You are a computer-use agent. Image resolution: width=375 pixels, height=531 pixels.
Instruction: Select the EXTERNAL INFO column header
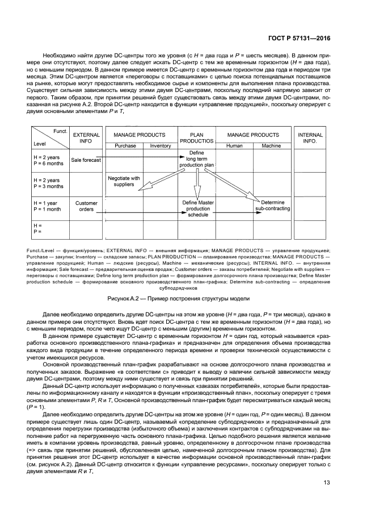click(x=86, y=138)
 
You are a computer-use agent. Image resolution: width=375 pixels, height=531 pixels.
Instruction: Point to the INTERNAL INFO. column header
click(x=310, y=138)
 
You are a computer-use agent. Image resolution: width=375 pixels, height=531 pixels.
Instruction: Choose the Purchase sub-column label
click(x=125, y=146)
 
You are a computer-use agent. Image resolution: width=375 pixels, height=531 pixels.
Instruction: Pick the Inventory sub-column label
click(x=161, y=146)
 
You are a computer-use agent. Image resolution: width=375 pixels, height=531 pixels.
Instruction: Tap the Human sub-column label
click(x=234, y=146)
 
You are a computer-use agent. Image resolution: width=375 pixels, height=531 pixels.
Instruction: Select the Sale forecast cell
click(x=86, y=160)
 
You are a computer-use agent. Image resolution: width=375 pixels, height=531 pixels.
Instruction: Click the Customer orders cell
click(x=86, y=206)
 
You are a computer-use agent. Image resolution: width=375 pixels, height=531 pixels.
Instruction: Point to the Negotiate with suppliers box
click(x=124, y=181)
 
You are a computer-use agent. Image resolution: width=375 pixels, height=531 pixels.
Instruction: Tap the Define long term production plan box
click(x=196, y=160)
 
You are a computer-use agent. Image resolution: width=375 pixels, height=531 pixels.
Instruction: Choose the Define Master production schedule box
click(x=197, y=209)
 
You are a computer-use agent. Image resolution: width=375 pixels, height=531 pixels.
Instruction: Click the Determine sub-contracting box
click(x=273, y=206)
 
